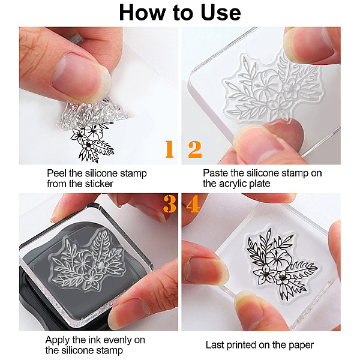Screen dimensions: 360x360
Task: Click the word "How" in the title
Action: (142, 13)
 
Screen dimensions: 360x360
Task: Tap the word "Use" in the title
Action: (220, 13)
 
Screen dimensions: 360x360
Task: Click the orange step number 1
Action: (169, 149)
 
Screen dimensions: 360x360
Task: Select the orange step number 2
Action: (195, 149)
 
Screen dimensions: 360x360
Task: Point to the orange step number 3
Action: (169, 204)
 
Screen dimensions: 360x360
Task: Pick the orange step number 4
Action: (193, 204)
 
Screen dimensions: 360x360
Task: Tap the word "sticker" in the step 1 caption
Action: (99, 184)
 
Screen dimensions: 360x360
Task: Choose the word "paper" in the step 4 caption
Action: (301, 346)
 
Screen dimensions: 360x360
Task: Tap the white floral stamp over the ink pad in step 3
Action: (87, 259)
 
